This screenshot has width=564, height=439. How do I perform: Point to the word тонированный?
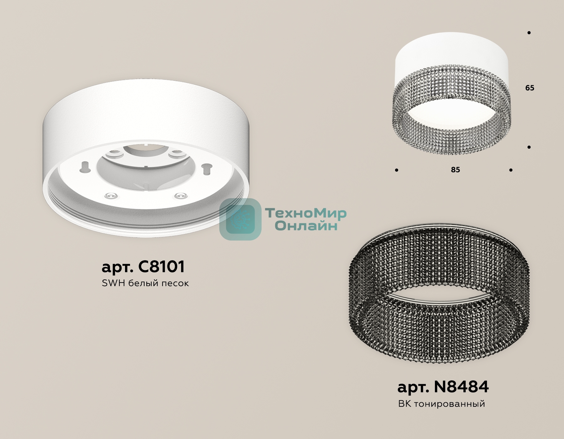click(449, 404)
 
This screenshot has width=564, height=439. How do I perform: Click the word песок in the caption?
click(175, 283)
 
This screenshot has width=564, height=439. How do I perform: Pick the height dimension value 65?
click(530, 88)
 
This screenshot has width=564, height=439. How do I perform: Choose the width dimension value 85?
click(455, 170)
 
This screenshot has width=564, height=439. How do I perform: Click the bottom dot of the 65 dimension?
click(529, 147)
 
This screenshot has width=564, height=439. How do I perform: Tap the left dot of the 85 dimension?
click(397, 170)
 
